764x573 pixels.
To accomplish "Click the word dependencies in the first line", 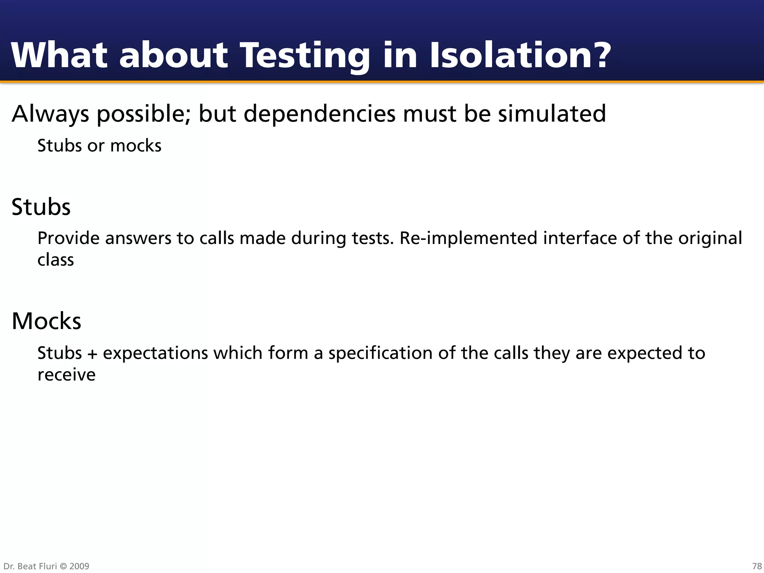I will [319, 113].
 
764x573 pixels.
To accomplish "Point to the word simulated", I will [552, 113].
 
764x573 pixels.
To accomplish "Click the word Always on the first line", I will [50, 114].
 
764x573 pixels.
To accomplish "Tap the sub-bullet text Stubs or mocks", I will [99, 145].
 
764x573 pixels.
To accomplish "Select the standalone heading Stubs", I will [41, 207].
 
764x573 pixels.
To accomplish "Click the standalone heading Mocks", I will [46, 321].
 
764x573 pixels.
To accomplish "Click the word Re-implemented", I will [468, 238].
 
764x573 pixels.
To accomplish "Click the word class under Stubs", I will [56, 260].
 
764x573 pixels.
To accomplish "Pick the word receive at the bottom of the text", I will [66, 375].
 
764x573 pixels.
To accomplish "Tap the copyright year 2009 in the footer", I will [79, 566].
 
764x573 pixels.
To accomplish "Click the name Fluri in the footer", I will [47, 566].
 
